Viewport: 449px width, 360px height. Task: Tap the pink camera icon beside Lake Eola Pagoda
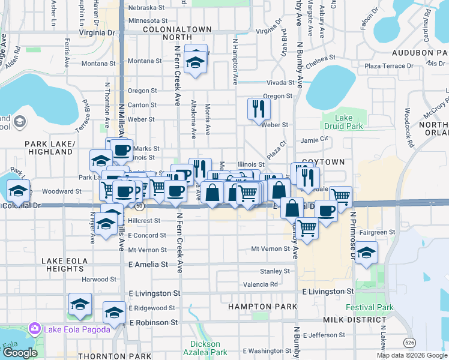click(x=34, y=328)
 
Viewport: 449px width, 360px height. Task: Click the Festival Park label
click(x=369, y=308)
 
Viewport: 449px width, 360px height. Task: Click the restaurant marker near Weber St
click(x=259, y=109)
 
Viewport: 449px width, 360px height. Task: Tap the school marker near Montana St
click(x=195, y=61)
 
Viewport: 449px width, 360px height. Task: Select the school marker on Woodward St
click(x=19, y=191)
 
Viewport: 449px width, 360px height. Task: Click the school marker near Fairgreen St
click(x=366, y=253)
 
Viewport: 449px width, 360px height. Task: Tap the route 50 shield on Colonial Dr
click(x=139, y=206)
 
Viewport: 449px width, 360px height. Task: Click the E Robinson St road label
click(x=149, y=322)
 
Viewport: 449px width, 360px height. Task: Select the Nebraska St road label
click(x=146, y=8)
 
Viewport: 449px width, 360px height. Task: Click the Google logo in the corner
click(x=20, y=353)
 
